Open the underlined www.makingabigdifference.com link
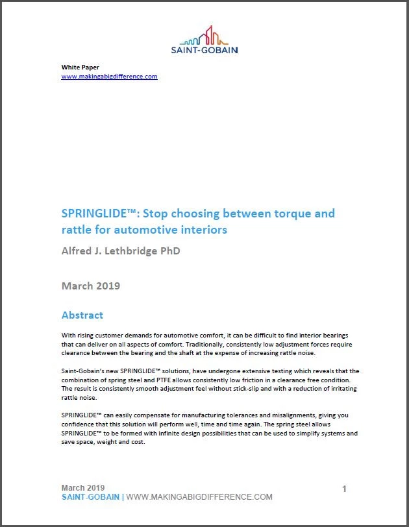click(109, 77)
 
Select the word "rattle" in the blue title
click(78, 229)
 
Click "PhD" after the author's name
click(169, 251)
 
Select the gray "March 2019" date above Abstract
click(90, 286)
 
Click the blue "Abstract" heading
click(82, 315)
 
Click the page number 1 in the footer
click(344, 488)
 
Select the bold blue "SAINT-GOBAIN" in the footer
click(90, 497)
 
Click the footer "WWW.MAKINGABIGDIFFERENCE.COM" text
click(199, 497)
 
